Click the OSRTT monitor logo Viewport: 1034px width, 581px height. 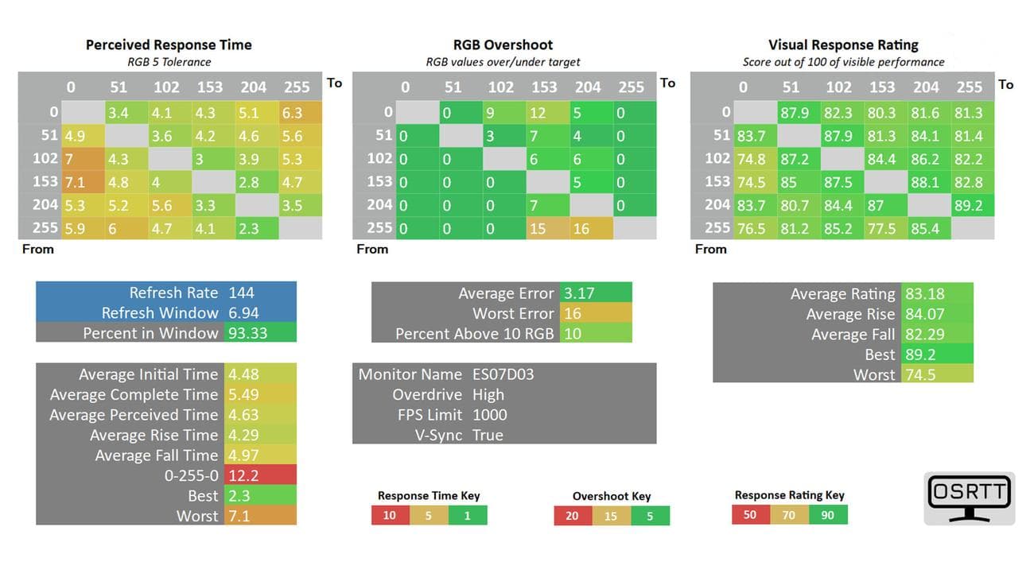(x=969, y=498)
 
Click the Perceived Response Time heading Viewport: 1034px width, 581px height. (x=169, y=45)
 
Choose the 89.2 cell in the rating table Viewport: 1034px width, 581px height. (x=968, y=205)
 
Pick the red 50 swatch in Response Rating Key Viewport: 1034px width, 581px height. (x=750, y=515)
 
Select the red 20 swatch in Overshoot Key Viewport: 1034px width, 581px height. (x=572, y=516)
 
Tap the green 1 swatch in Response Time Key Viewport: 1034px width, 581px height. (x=468, y=515)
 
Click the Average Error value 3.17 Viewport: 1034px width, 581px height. (x=579, y=293)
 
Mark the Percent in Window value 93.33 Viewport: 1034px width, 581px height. (x=247, y=333)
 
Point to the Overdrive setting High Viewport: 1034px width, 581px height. (x=488, y=395)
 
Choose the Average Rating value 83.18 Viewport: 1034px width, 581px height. (x=924, y=294)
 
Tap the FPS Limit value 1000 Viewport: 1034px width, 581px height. (x=489, y=415)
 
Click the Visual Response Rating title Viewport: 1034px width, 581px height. (x=843, y=45)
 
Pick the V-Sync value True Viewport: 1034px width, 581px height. (x=488, y=435)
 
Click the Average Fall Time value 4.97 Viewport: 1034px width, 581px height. (x=244, y=455)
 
